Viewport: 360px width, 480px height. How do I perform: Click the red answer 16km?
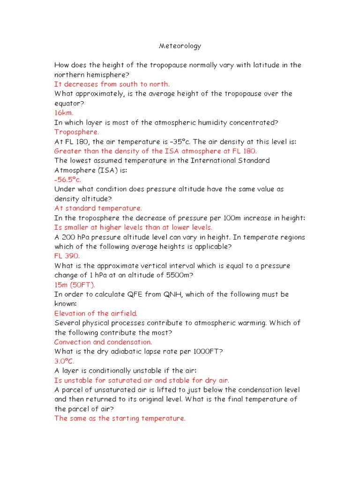pyautogui.click(x=64, y=113)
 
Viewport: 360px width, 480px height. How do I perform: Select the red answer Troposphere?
pyautogui.click(x=76, y=132)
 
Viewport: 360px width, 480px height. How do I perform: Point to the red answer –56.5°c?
pyautogui.click(x=68, y=180)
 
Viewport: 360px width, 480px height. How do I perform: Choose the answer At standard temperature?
pyautogui.click(x=98, y=208)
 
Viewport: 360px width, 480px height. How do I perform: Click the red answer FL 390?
pyautogui.click(x=67, y=256)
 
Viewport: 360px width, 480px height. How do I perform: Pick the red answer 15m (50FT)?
pyautogui.click(x=75, y=285)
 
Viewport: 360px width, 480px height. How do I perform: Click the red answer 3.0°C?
pyautogui.click(x=64, y=361)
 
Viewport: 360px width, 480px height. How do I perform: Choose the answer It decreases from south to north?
pyautogui.click(x=112, y=84)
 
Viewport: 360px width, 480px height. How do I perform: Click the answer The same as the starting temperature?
pyautogui.click(x=120, y=419)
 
